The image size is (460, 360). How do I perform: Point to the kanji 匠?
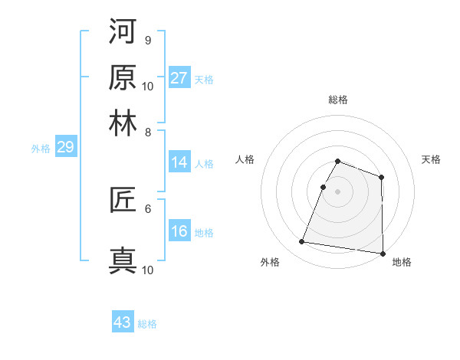click(123, 201)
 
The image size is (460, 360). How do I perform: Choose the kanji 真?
click(123, 260)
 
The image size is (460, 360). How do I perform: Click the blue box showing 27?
click(179, 78)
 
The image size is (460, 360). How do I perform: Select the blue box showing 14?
click(179, 162)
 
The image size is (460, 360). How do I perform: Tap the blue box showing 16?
click(179, 232)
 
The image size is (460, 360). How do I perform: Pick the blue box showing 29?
click(65, 148)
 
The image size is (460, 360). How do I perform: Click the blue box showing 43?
click(123, 322)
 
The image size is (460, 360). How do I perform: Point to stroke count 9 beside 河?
click(148, 40)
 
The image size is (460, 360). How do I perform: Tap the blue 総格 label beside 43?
click(147, 324)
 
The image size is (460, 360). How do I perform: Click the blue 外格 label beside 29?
click(41, 149)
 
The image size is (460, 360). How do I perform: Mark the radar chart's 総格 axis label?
click(338, 100)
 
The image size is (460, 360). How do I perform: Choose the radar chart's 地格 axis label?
click(402, 263)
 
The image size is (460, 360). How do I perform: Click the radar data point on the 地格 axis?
click(382, 254)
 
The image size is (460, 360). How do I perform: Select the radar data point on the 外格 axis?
click(302, 242)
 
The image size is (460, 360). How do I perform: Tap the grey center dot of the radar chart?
click(338, 191)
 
